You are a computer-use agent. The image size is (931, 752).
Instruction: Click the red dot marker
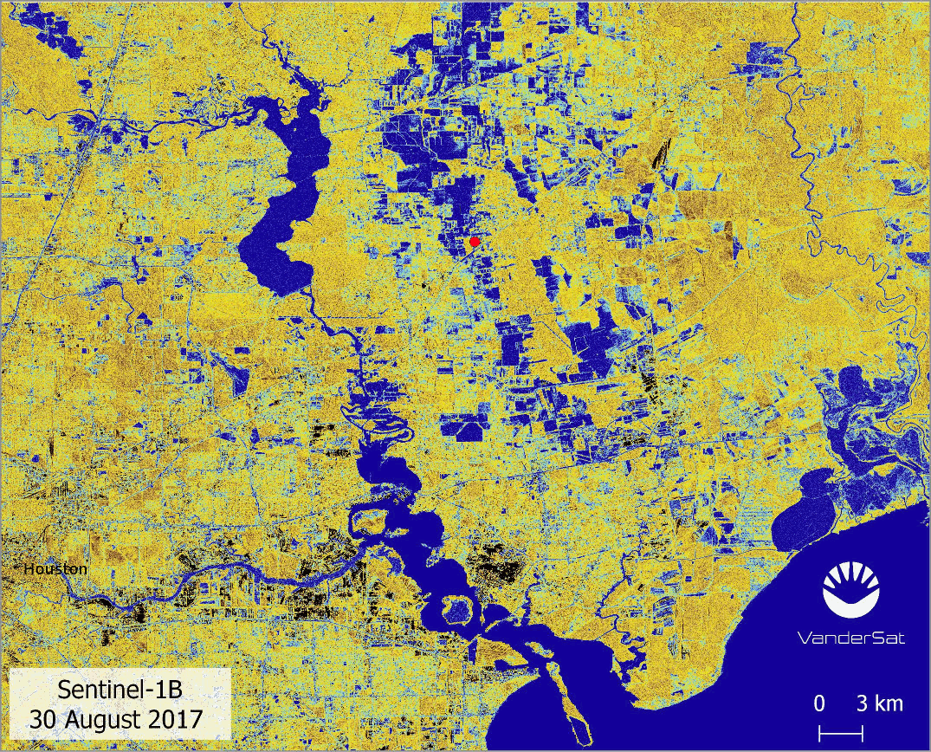click(x=474, y=242)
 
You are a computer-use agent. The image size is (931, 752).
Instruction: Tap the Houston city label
click(x=55, y=569)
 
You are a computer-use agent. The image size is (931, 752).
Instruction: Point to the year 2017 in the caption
click(x=176, y=718)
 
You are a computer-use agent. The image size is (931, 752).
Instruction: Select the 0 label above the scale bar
click(x=819, y=703)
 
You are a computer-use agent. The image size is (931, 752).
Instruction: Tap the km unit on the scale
click(x=889, y=703)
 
